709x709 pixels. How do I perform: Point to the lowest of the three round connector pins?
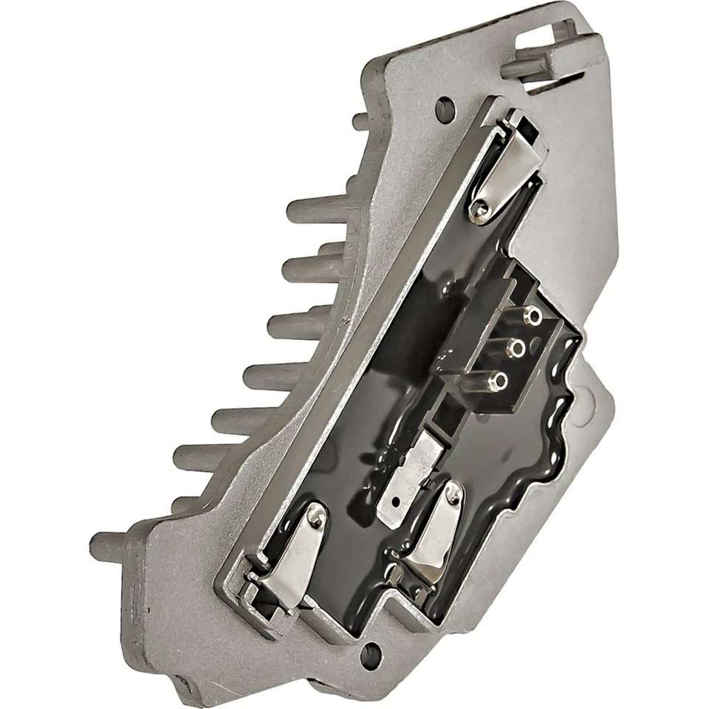click(501, 381)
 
